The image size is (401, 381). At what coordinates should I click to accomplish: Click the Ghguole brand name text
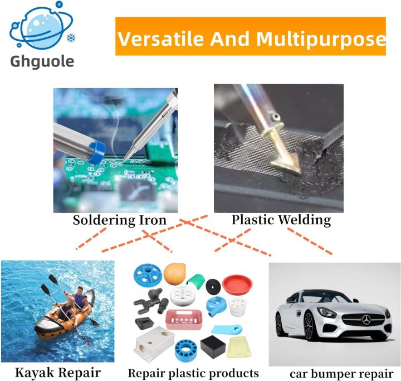42,60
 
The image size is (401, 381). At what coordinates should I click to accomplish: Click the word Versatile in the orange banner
159,38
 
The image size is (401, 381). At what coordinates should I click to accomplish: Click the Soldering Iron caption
119,220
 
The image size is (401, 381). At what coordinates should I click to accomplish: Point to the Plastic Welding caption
281,220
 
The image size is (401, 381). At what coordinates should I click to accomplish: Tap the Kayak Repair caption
58,372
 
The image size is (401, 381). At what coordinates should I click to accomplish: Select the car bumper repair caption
341,373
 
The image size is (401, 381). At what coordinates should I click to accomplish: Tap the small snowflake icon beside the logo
71,38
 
